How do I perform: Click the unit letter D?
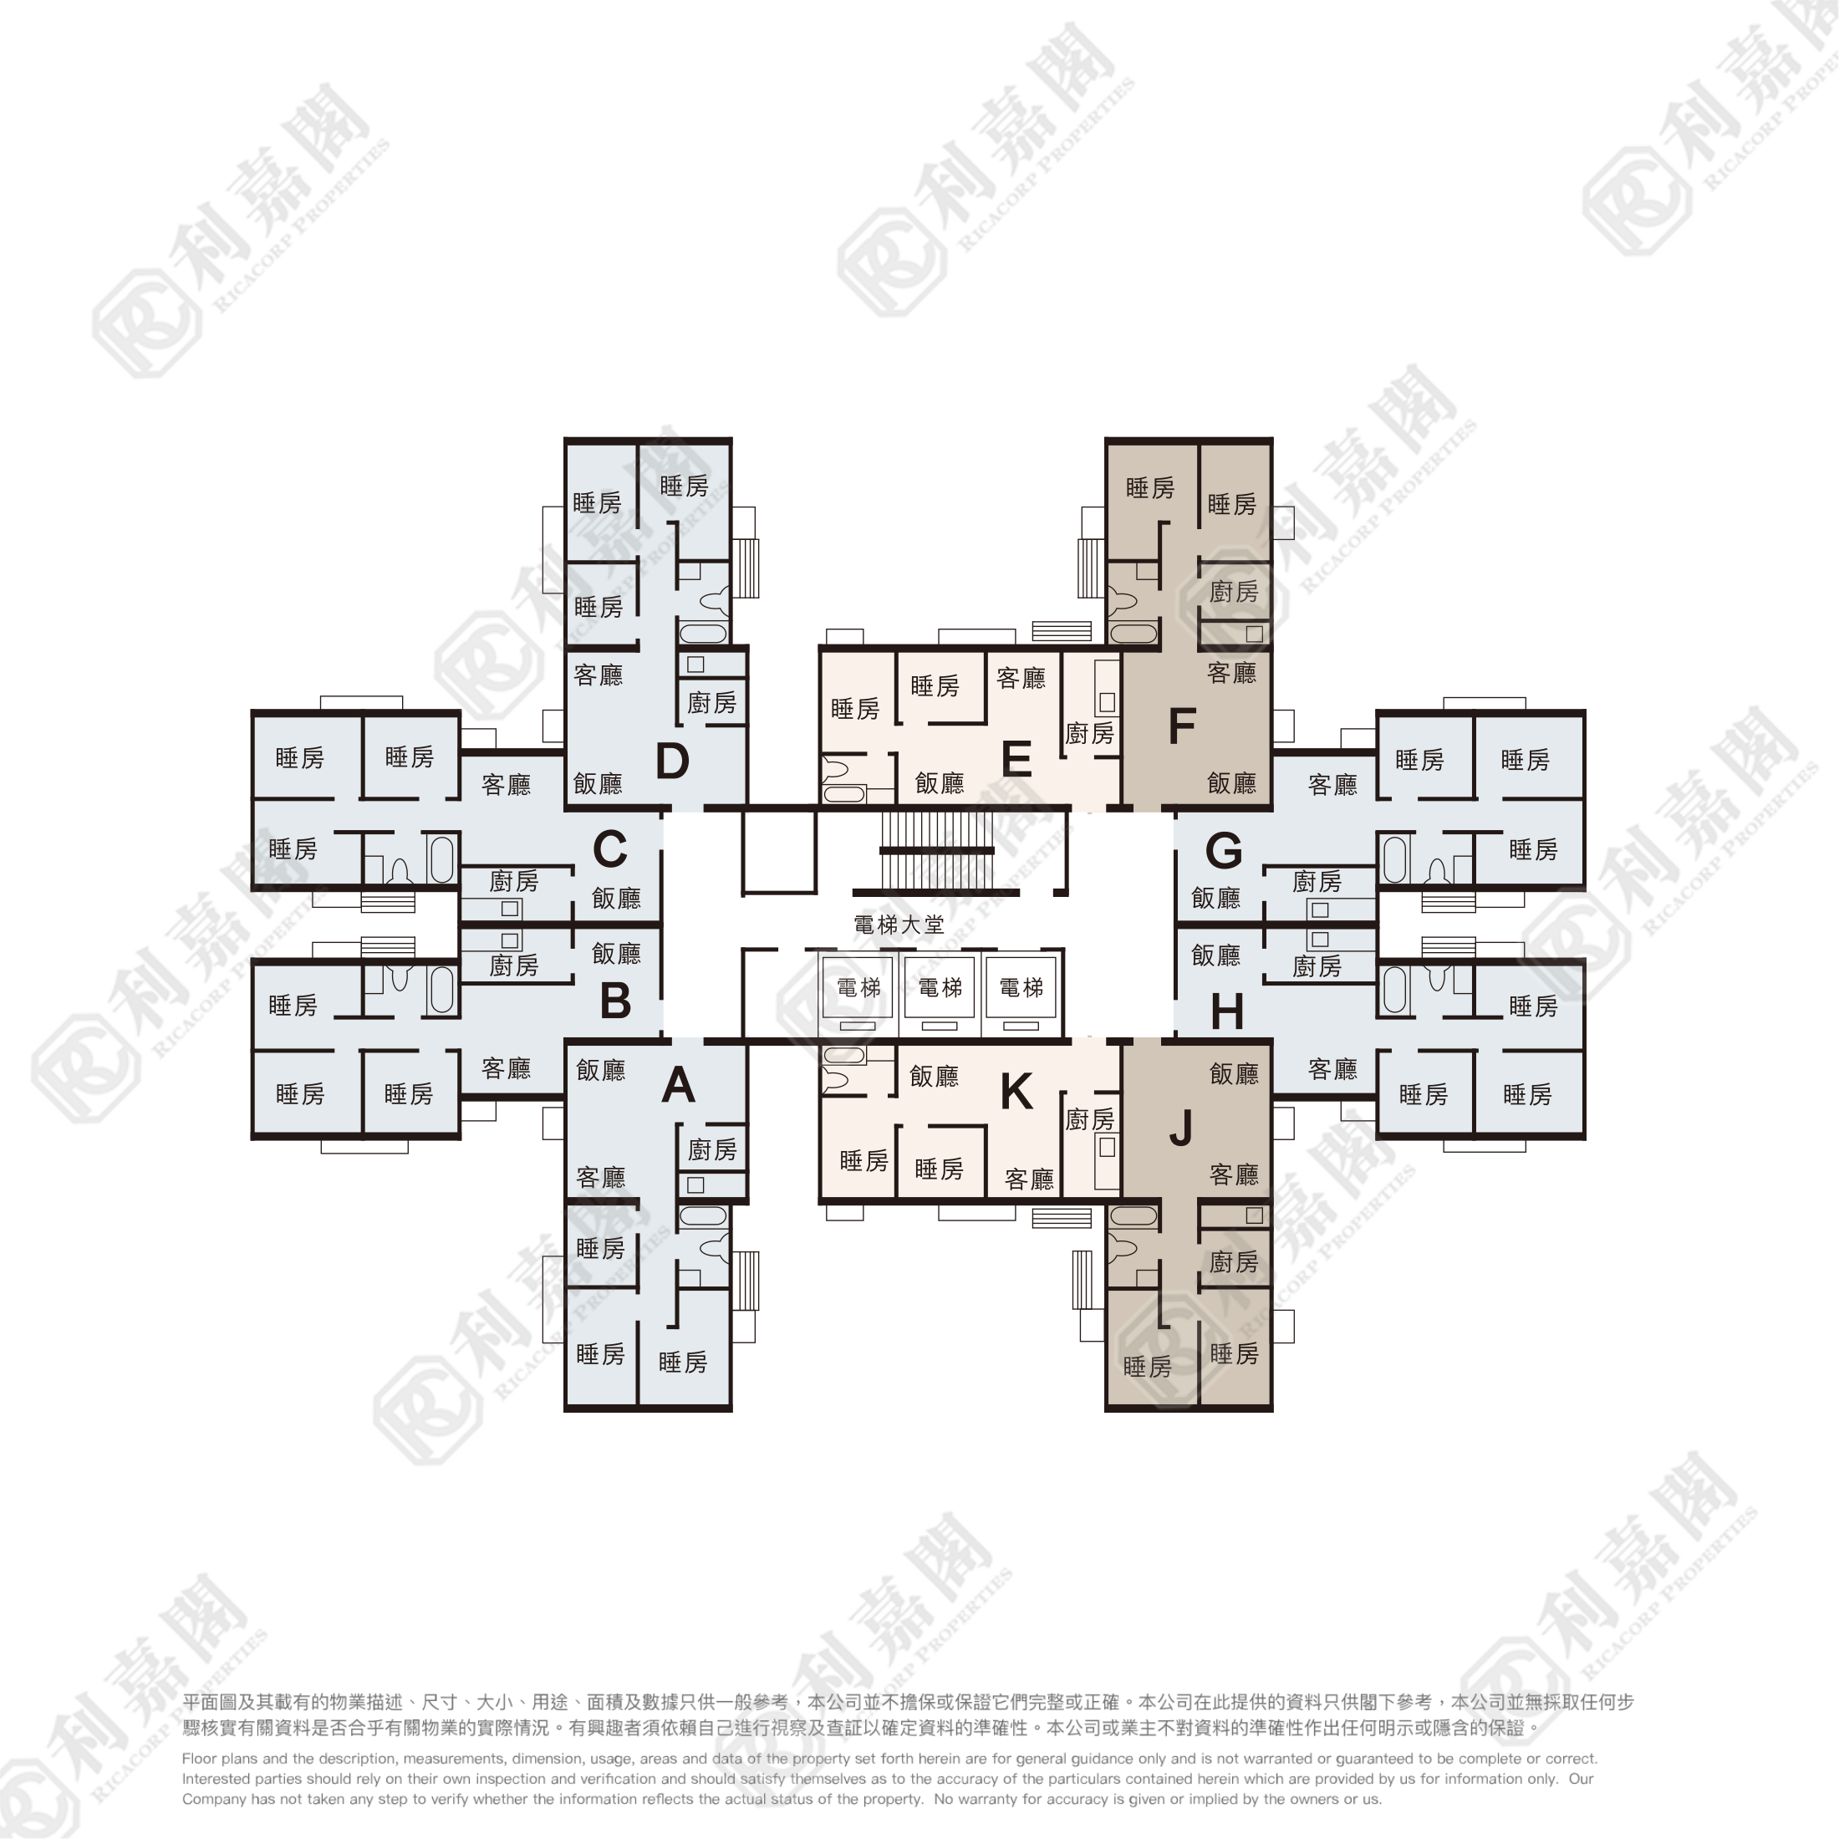click(x=672, y=761)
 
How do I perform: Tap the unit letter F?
click(x=1181, y=726)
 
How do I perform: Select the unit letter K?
click(x=1016, y=1092)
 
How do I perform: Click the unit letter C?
click(x=609, y=850)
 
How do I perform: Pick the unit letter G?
click(x=1223, y=850)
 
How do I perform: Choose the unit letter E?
click(x=1016, y=760)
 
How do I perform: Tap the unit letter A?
click(x=678, y=1084)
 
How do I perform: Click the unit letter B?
click(x=615, y=1001)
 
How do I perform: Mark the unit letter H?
click(x=1227, y=1011)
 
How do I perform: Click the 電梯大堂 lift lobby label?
click(x=899, y=925)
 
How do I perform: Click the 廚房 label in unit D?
click(x=712, y=702)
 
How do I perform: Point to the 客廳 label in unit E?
click(x=1021, y=678)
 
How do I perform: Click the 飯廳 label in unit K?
click(x=934, y=1076)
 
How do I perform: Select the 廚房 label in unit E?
click(x=1089, y=733)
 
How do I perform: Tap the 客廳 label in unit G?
click(x=1332, y=784)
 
